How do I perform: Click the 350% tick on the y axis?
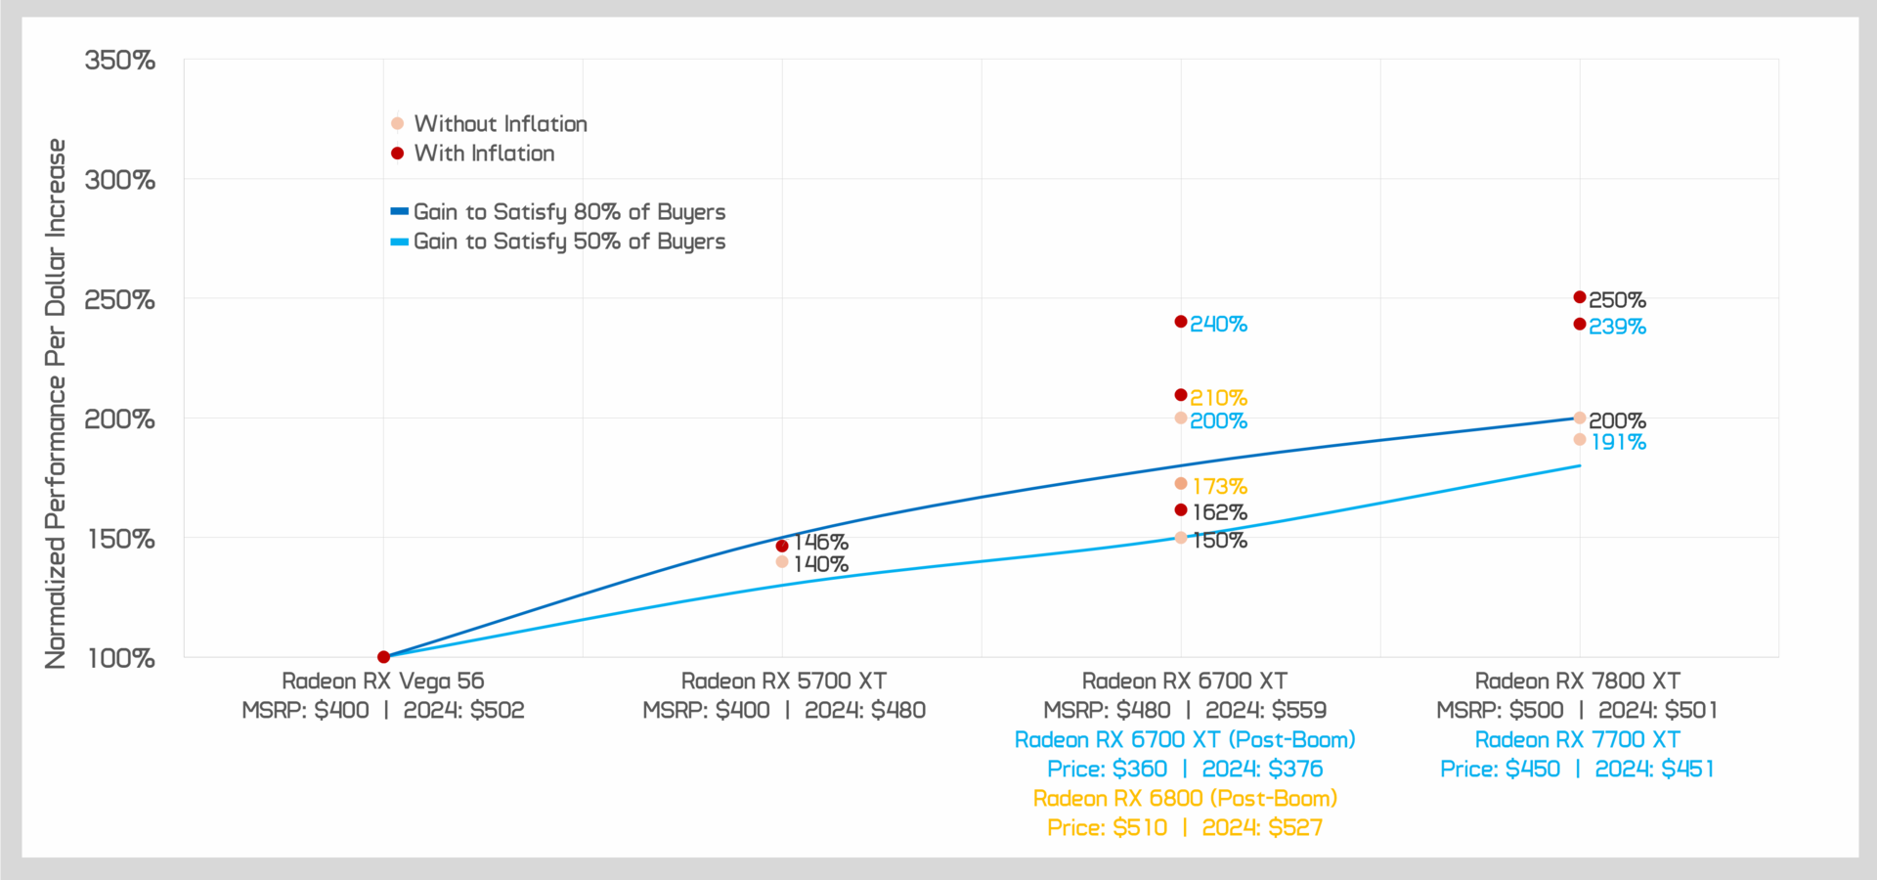[120, 61]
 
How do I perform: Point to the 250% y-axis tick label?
[120, 300]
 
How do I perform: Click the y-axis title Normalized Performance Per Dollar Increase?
[56, 403]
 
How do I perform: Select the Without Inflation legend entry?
[500, 124]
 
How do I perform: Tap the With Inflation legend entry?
[484, 154]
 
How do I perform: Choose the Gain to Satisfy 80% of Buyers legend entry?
[569, 212]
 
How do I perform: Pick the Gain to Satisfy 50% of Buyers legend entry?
[569, 242]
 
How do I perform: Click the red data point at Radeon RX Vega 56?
[383, 657]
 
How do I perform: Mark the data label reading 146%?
[820, 542]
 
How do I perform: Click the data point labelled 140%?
[782, 562]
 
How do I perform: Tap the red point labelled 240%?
[1181, 322]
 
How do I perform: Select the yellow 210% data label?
[1218, 398]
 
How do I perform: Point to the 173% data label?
[1219, 486]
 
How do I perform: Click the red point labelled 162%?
[1181, 510]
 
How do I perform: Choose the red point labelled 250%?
[1580, 297]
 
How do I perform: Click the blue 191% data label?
[1618, 443]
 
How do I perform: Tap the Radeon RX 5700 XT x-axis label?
[783, 681]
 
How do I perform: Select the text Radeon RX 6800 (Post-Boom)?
[1185, 798]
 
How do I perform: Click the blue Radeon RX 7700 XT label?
[1577, 740]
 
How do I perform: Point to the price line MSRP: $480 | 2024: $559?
[1185, 710]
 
